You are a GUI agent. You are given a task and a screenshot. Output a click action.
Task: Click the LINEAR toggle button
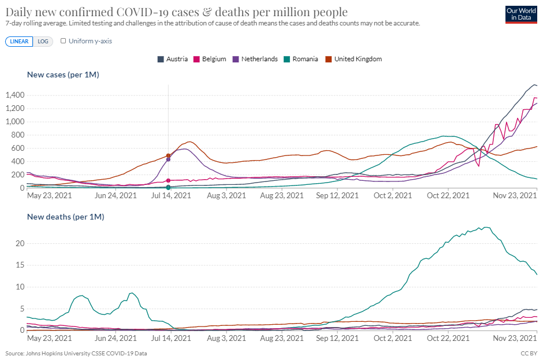(x=20, y=41)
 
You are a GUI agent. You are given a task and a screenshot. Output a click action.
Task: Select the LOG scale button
(x=43, y=41)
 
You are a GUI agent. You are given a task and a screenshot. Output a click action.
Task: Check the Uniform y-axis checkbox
(x=64, y=41)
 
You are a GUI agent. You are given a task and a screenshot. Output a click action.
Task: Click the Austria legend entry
(x=173, y=59)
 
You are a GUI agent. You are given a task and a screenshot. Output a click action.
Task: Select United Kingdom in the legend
(x=354, y=59)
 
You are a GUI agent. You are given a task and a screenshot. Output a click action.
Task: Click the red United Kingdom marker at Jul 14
(x=168, y=155)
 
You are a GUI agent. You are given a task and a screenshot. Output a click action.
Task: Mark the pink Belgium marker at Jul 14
(x=168, y=180)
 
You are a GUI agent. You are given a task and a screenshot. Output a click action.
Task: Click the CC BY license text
(x=529, y=353)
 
